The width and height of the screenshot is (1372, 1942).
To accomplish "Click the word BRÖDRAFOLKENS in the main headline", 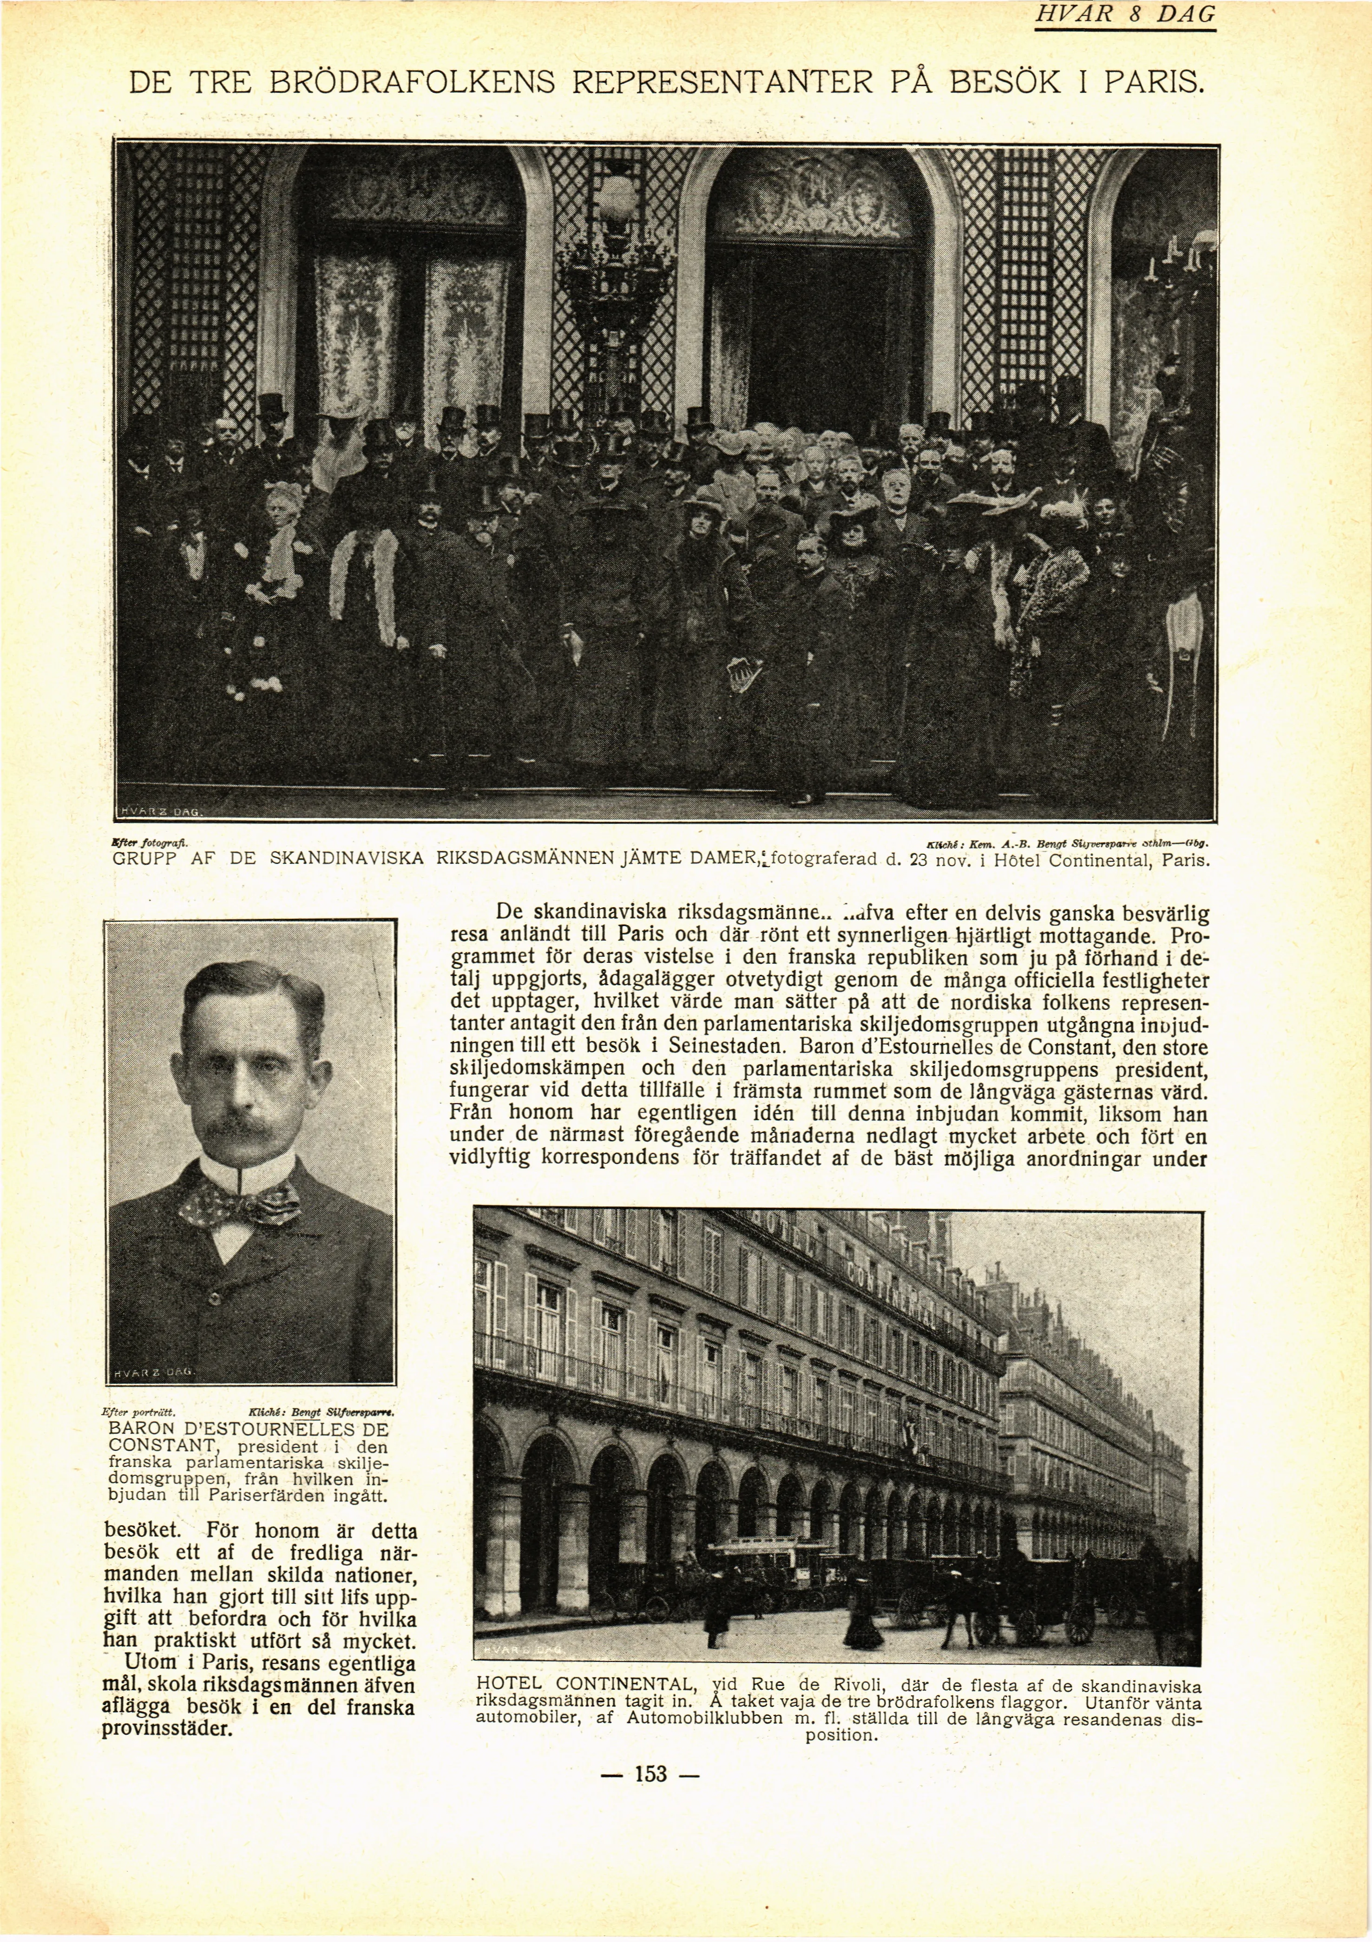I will tap(412, 82).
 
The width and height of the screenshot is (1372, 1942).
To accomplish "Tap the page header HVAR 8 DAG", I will tap(1124, 14).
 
